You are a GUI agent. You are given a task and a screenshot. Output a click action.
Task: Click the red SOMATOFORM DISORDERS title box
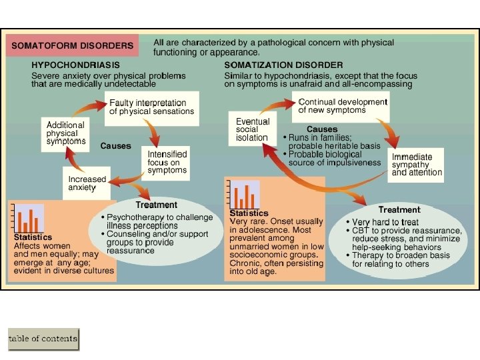pos(72,46)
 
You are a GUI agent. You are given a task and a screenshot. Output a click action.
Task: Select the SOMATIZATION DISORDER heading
pos(284,65)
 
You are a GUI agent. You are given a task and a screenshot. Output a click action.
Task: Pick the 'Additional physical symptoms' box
pos(66,133)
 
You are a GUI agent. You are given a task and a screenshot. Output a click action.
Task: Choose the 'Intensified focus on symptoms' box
pos(167,162)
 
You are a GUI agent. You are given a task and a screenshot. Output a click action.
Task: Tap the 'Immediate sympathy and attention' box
pos(417,165)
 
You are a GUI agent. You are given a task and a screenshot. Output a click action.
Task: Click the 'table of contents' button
pos(43,339)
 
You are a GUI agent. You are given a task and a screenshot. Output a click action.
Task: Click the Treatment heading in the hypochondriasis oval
pos(156,205)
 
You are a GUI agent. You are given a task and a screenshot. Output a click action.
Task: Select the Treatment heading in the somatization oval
pos(399,209)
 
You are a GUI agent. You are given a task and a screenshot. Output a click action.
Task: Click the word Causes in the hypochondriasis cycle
pos(115,145)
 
